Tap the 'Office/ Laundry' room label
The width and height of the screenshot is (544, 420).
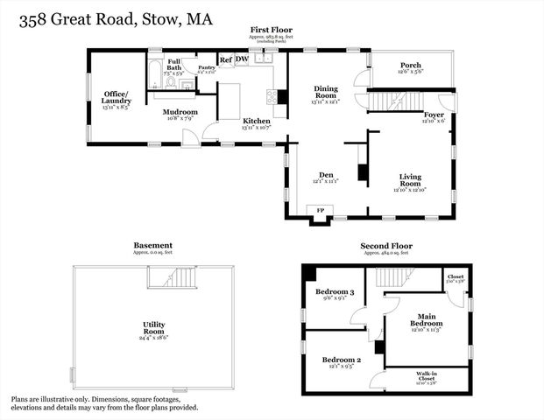click(x=116, y=97)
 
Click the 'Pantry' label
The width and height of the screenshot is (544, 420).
click(x=207, y=66)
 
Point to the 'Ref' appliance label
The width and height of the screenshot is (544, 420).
click(x=225, y=59)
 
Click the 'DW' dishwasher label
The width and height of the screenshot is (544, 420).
click(x=242, y=59)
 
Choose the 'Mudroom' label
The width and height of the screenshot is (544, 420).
click(x=180, y=113)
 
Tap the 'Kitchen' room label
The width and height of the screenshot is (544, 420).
click(x=257, y=121)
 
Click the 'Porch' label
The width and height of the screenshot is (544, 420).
click(x=411, y=66)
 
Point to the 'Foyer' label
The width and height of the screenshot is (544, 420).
click(x=434, y=115)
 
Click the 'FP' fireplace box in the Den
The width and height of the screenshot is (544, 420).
click(x=319, y=212)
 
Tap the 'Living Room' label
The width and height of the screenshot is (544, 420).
click(x=410, y=179)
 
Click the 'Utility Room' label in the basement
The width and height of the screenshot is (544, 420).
click(x=154, y=328)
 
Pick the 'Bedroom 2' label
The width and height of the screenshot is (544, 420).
click(x=341, y=360)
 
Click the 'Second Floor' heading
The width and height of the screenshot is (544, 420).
click(x=386, y=246)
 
